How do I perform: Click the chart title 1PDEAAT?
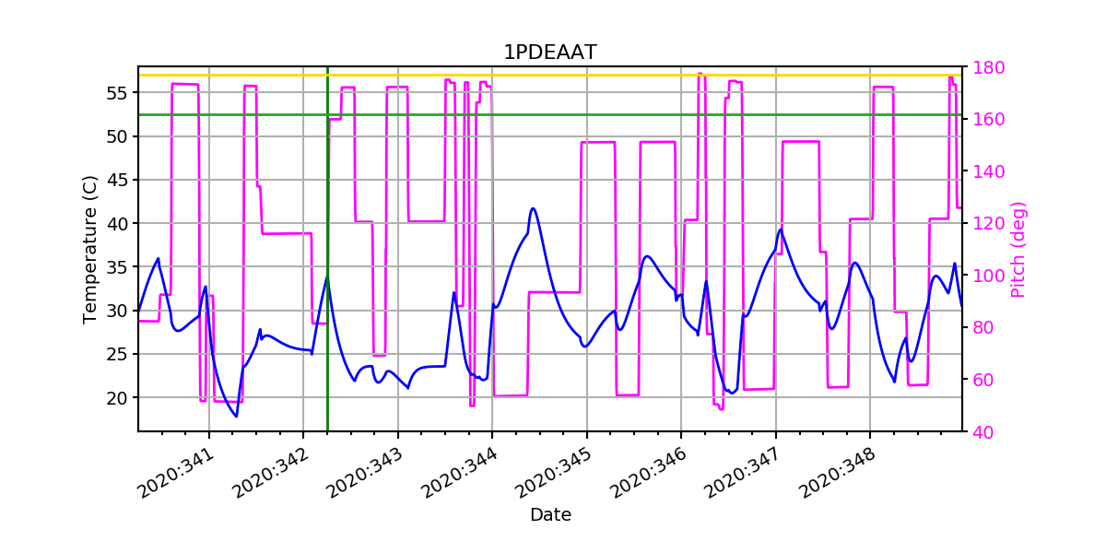[x=549, y=53]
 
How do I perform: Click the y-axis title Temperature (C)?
[x=90, y=249]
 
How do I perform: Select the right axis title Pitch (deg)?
[x=1018, y=249]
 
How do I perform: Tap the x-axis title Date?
[x=550, y=515]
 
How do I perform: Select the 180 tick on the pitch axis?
[x=982, y=67]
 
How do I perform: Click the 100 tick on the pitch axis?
[x=982, y=276]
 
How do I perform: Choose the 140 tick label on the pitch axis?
[x=982, y=171]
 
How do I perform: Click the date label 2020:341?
[x=181, y=471]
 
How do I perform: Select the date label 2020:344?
[x=464, y=471]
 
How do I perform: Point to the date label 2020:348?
[x=841, y=471]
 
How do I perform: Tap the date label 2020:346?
[x=653, y=471]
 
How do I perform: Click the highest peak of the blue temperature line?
[x=533, y=208]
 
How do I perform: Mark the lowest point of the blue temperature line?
[x=236, y=417]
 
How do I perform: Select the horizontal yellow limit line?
[x=553, y=76]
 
